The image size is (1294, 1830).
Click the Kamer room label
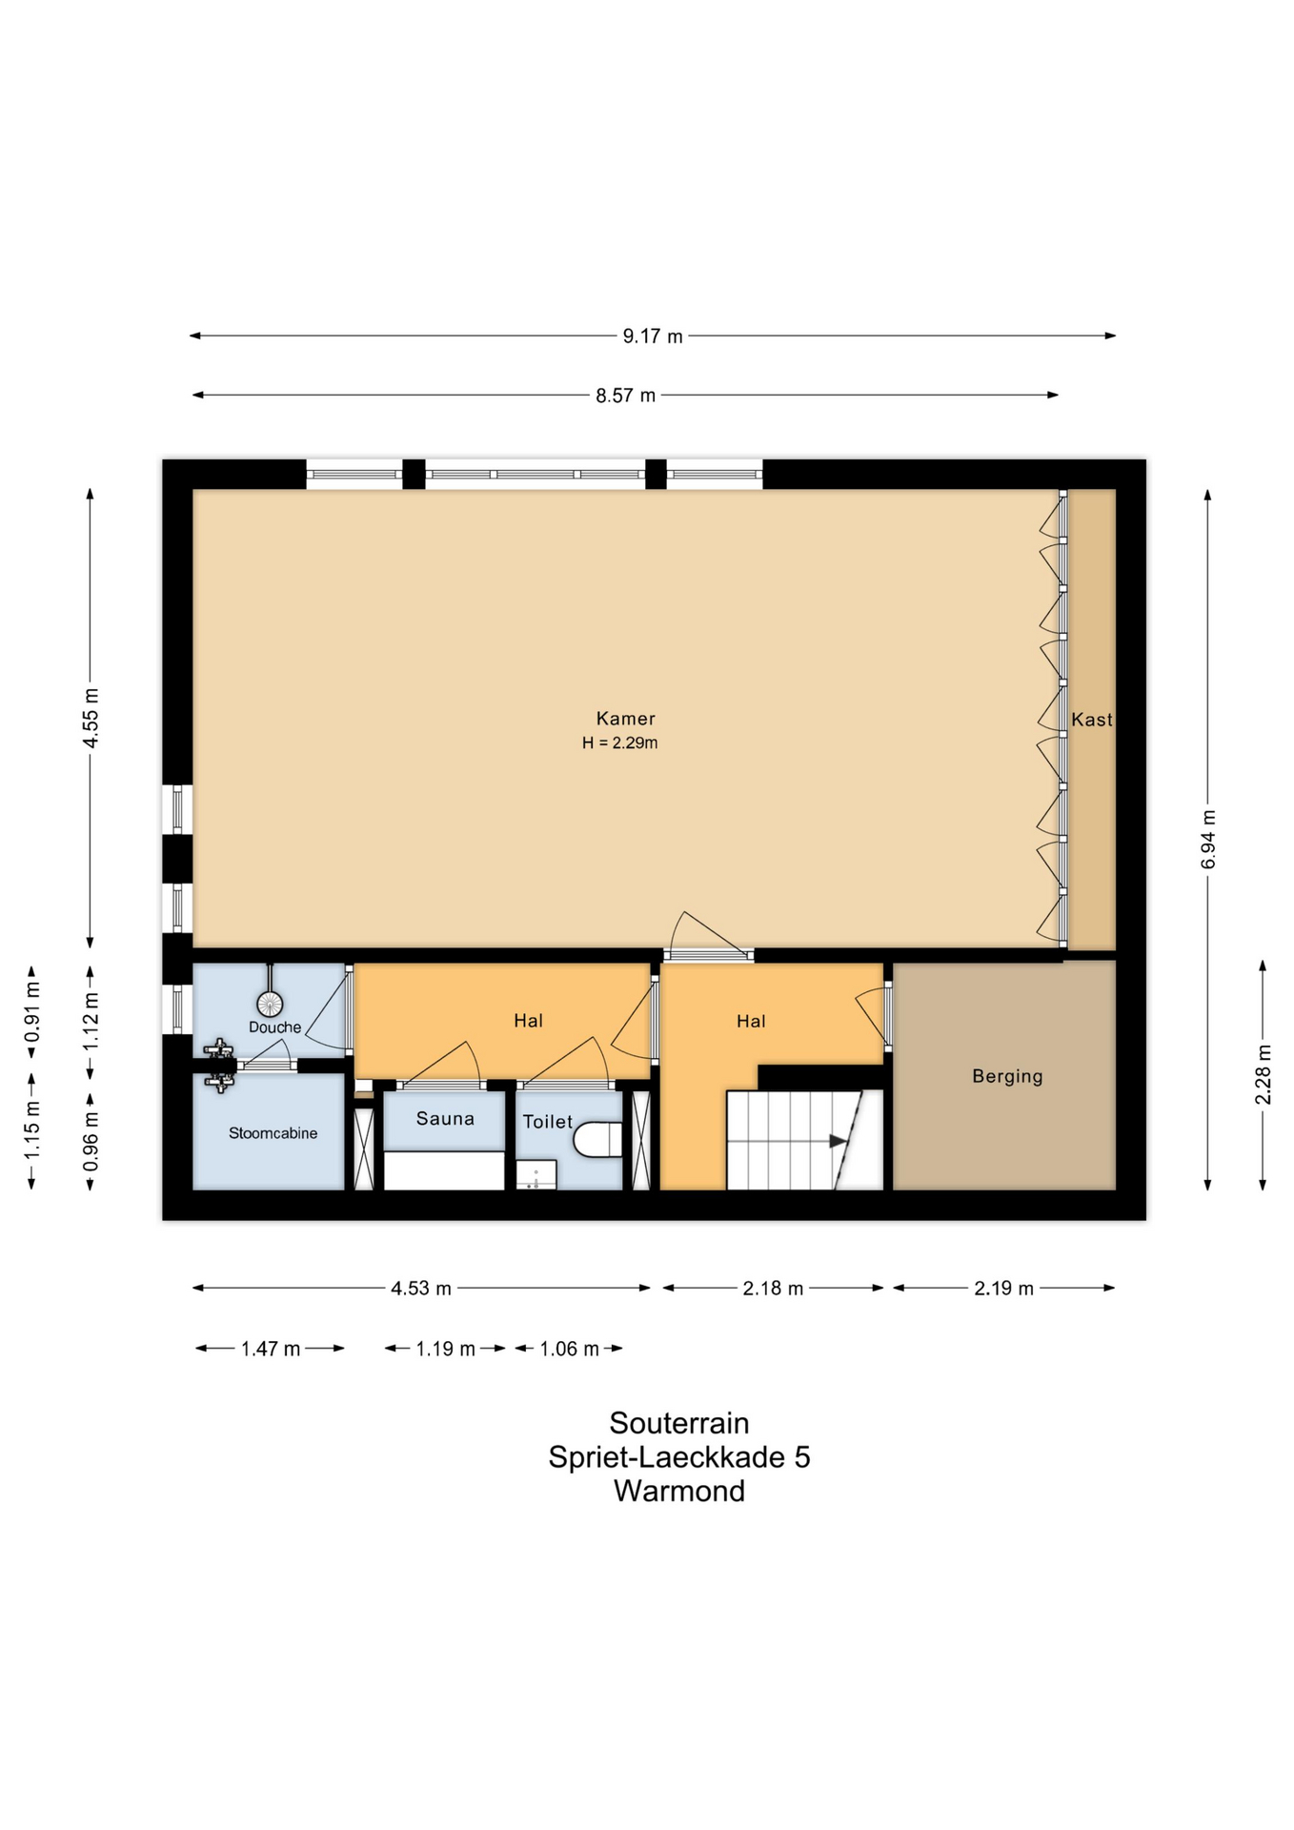click(625, 719)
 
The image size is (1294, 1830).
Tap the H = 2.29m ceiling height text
click(620, 743)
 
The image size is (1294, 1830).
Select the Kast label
click(1092, 720)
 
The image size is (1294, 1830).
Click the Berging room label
click(1007, 1076)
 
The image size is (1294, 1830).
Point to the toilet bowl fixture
click(597, 1139)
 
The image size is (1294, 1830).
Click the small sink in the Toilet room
click(536, 1174)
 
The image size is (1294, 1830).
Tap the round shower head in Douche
click(270, 1004)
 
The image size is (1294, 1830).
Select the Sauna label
click(445, 1119)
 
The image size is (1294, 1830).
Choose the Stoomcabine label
click(273, 1133)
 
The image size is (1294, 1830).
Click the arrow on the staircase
click(838, 1141)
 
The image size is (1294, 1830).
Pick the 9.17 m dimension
click(653, 335)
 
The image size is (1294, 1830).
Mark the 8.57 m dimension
click(625, 395)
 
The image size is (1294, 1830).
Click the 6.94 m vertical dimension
click(1207, 840)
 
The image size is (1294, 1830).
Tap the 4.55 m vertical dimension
click(91, 719)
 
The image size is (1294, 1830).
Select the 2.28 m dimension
click(1263, 1075)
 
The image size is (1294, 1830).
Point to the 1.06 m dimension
click(569, 1349)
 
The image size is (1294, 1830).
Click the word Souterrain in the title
click(679, 1423)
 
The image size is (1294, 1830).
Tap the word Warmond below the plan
click(679, 1491)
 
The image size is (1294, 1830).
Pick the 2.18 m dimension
click(773, 1289)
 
